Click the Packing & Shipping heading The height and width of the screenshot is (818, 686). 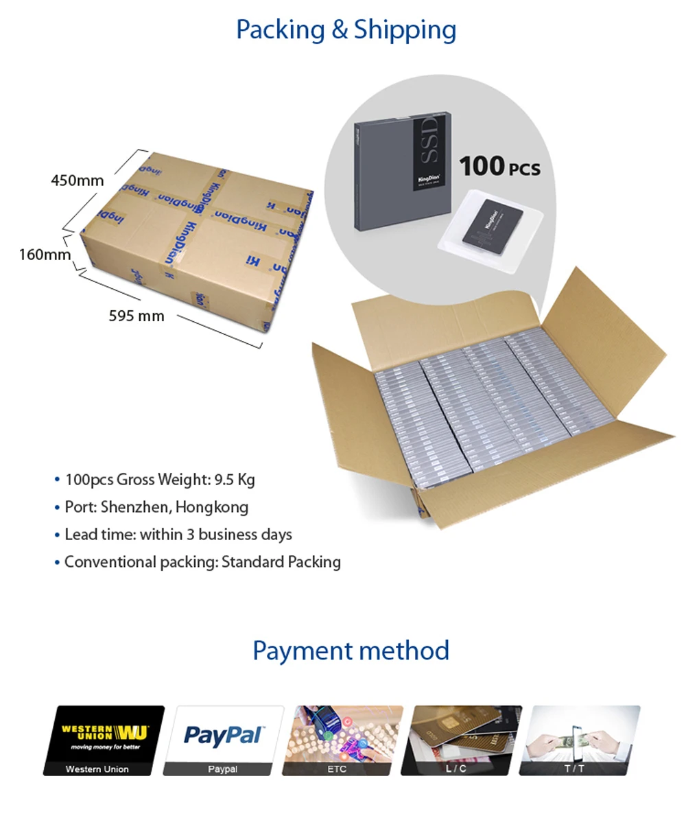[x=346, y=30]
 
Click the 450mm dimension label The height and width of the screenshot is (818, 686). [x=77, y=180]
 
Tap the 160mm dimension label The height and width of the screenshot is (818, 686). [x=45, y=255]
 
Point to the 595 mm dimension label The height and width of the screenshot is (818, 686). [x=137, y=316]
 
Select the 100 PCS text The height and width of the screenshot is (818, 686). [x=499, y=166]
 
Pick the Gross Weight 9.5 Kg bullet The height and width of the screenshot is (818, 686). [x=159, y=479]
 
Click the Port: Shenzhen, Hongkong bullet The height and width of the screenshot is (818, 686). [x=156, y=507]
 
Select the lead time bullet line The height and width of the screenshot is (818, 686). [x=178, y=535]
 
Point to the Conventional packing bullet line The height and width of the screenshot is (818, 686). [x=202, y=562]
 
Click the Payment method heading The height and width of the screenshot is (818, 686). [x=351, y=651]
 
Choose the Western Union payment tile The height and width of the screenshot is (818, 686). [x=104, y=740]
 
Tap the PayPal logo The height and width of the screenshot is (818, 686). [x=223, y=735]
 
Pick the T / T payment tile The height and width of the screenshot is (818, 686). [x=579, y=740]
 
